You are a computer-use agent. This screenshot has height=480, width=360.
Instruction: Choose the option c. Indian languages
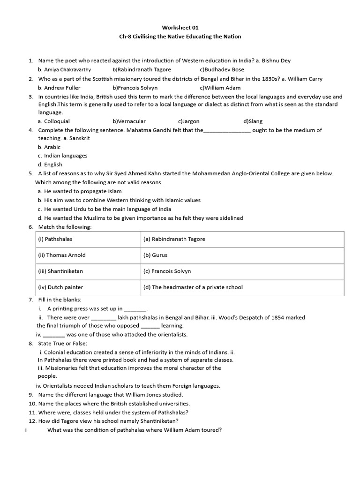[62, 156]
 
